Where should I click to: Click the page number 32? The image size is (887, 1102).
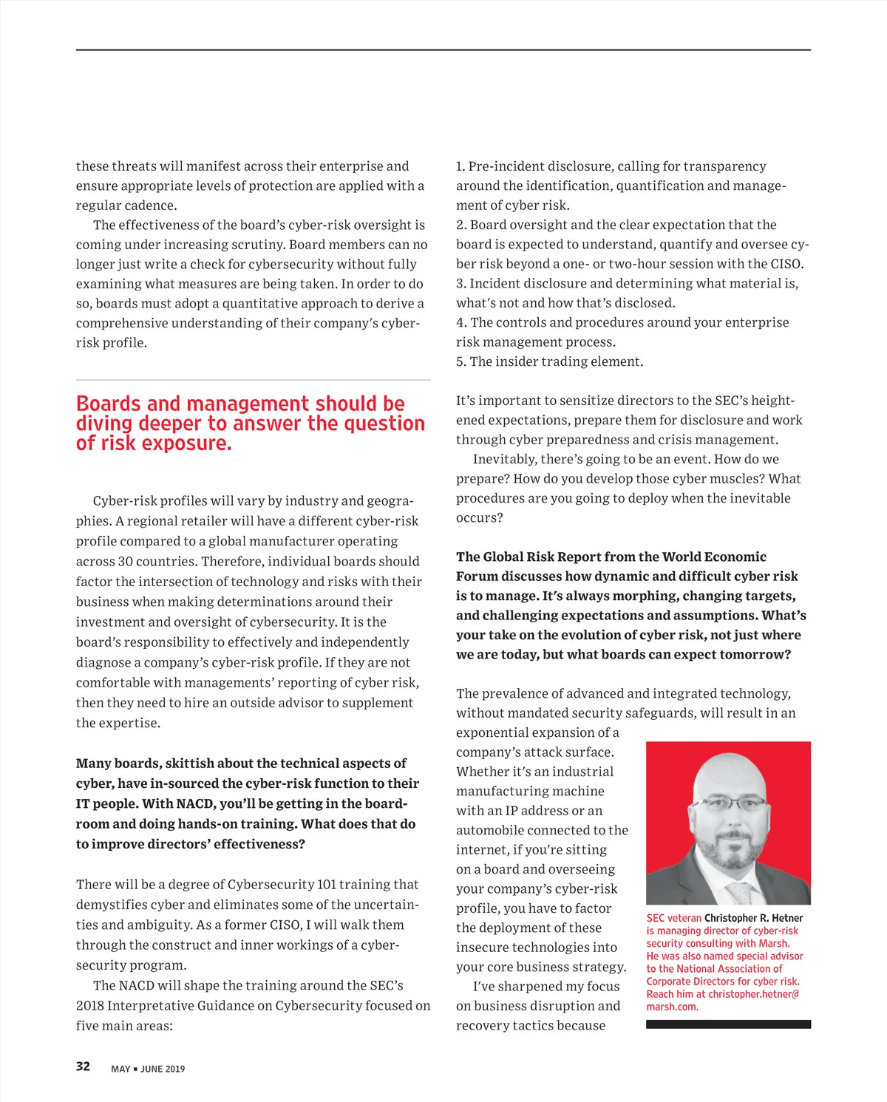pyautogui.click(x=83, y=1066)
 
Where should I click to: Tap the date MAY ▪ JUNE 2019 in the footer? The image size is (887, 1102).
pyautogui.click(x=148, y=1069)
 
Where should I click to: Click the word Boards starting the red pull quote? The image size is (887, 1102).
pyautogui.click(x=108, y=404)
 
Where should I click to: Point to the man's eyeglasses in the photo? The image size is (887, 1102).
pyautogui.click(x=729, y=803)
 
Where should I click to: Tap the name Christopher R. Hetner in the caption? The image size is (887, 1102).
pyautogui.click(x=753, y=918)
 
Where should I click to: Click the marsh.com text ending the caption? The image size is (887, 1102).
pyautogui.click(x=672, y=1007)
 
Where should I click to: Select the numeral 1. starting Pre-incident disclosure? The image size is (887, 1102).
pyautogui.click(x=461, y=166)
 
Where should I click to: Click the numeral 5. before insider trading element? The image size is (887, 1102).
pyautogui.click(x=461, y=361)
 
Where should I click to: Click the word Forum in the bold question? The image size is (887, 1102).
pyautogui.click(x=477, y=576)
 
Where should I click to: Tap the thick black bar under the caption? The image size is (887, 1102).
pyautogui.click(x=728, y=1024)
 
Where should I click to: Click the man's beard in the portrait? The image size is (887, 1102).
pyautogui.click(x=730, y=850)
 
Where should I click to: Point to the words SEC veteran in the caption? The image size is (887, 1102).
pyautogui.click(x=673, y=918)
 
